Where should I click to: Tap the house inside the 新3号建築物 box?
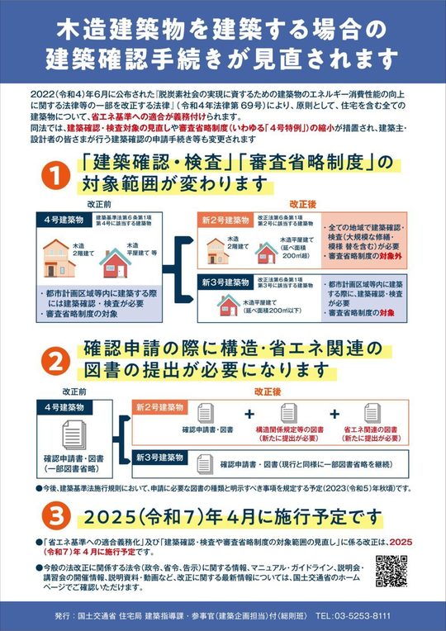[x=229, y=305]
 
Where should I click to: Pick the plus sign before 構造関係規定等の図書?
[x=249, y=414]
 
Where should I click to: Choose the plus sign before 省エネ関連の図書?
[x=335, y=414]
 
